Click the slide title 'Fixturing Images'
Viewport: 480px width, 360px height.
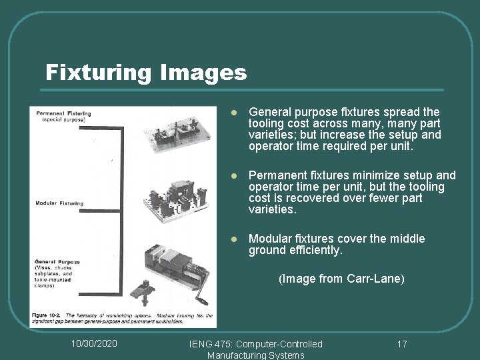pyautogui.click(x=145, y=72)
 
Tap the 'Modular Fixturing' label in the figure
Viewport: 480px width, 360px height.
pyautogui.click(x=59, y=203)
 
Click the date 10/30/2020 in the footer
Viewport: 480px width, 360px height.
pyautogui.click(x=94, y=343)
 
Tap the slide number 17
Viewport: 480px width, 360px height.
pyautogui.click(x=401, y=343)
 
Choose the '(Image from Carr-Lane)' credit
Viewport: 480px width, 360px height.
pyautogui.click(x=341, y=279)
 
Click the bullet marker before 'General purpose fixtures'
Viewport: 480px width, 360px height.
pyautogui.click(x=234, y=113)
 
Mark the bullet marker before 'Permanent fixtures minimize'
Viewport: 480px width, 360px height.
pyautogui.click(x=234, y=176)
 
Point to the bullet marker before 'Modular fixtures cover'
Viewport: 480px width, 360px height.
pyautogui.click(x=234, y=239)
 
